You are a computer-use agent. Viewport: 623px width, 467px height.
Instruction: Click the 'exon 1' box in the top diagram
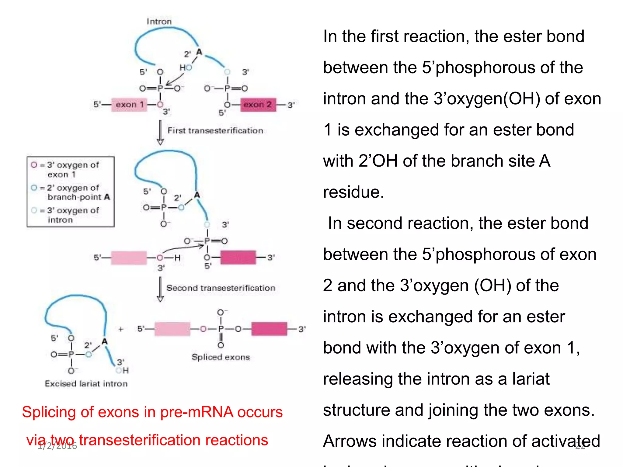click(x=129, y=105)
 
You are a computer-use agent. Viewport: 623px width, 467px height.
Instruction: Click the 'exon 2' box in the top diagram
click(x=258, y=105)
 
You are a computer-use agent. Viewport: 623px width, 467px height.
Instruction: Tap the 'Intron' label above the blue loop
click(x=159, y=22)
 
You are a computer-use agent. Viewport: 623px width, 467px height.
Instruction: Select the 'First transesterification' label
click(x=215, y=131)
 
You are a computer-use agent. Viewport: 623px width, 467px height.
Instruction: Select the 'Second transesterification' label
click(x=221, y=288)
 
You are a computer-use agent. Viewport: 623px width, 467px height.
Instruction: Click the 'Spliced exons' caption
click(x=221, y=357)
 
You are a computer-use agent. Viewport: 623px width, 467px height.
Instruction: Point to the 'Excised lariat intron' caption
click(x=86, y=384)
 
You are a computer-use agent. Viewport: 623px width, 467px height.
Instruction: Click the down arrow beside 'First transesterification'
click(x=160, y=133)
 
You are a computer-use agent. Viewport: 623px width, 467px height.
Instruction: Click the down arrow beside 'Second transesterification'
click(x=160, y=289)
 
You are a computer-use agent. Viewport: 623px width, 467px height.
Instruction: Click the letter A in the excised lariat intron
click(x=105, y=341)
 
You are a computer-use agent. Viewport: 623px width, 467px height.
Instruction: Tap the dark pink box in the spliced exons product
click(x=269, y=329)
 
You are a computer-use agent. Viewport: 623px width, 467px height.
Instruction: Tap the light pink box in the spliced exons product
click(x=172, y=329)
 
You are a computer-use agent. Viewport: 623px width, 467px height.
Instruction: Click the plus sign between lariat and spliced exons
click(x=121, y=329)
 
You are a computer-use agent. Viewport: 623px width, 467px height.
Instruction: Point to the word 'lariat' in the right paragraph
click(x=531, y=379)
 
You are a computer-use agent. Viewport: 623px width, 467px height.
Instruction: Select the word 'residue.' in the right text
click(x=353, y=192)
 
